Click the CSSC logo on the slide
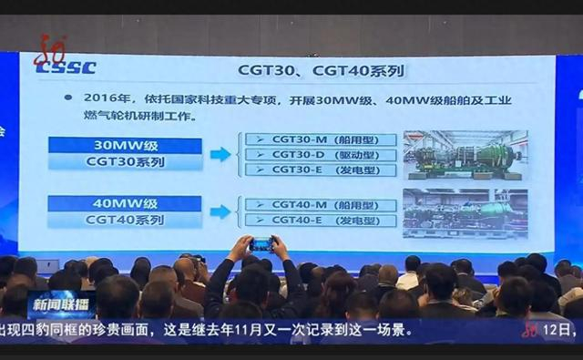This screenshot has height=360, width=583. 65,67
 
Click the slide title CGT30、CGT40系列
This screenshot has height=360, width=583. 320,69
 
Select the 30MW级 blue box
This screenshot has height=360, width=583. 125,146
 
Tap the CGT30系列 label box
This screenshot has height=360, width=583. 125,162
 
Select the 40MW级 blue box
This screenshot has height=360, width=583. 125,203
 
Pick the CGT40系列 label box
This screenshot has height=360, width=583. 125,220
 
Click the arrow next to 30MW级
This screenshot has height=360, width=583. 220,154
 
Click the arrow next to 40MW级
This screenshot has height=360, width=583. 220,211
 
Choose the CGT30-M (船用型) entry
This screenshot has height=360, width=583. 320,140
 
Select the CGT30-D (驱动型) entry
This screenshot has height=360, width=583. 320,155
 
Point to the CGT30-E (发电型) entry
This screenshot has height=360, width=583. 320,170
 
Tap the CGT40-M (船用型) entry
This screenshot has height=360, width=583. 320,205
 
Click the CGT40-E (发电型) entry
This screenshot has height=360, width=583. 320,220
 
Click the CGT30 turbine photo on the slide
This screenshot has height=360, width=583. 465,155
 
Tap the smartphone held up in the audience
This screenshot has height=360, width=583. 261,243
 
